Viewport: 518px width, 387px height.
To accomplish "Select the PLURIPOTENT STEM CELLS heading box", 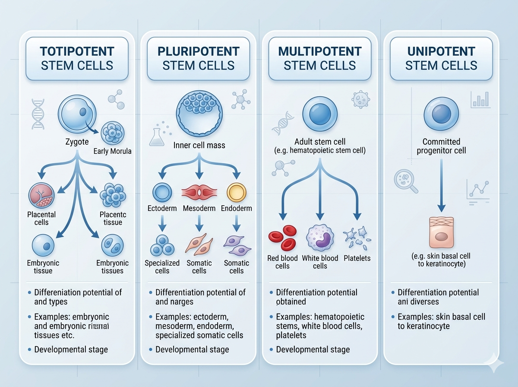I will coord(199,59).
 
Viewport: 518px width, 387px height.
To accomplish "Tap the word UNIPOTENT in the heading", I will coord(441,51).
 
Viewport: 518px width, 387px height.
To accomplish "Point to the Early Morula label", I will coord(112,151).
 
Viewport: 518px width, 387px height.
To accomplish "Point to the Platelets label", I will coord(357,258).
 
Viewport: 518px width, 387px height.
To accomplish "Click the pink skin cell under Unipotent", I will coord(441,233).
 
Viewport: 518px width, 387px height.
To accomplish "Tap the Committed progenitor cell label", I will coord(441,146).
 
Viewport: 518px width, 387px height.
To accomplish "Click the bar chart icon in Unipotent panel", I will coord(480,99).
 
